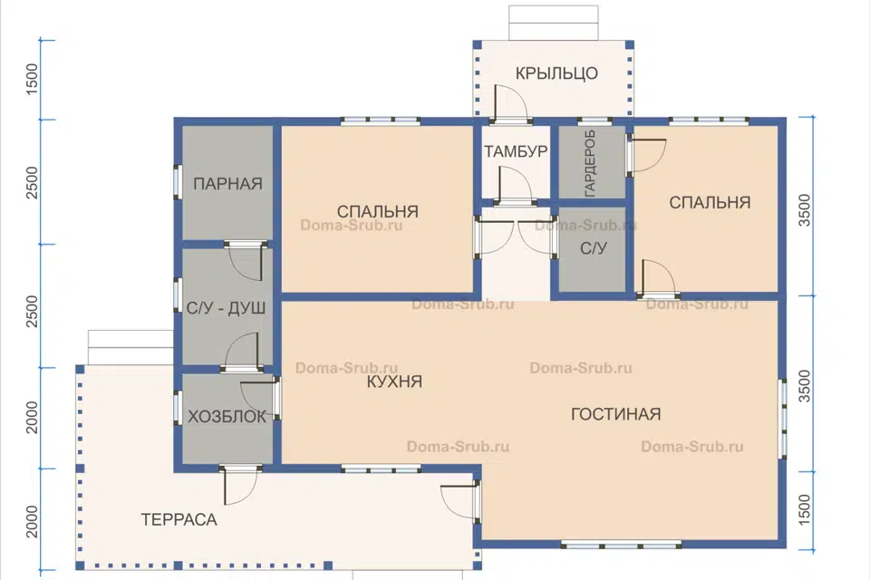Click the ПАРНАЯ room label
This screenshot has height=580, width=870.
coord(227,184)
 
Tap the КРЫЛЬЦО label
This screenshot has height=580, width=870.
coord(556,73)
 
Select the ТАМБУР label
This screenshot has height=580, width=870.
coord(516,151)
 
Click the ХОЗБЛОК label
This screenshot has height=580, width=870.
coord(227,417)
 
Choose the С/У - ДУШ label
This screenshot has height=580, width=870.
coord(226,309)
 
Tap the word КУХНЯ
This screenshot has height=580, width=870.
coord(394,382)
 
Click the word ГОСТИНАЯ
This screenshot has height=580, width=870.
coord(616,414)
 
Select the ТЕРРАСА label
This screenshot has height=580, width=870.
coord(179,519)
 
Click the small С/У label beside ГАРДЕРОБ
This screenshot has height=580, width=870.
coord(593,248)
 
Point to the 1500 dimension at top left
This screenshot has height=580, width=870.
coord(33,79)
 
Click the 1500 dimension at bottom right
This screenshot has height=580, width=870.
coord(804,510)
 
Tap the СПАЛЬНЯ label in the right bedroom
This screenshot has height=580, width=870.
coord(710,203)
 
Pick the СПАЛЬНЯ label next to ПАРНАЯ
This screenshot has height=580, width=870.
coord(377,211)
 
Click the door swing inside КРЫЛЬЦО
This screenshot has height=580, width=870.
coord(510,102)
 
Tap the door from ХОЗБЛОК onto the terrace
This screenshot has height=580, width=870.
coord(239,486)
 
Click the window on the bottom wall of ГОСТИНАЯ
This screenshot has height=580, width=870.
coord(622,545)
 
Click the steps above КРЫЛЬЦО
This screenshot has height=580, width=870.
coord(554,23)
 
